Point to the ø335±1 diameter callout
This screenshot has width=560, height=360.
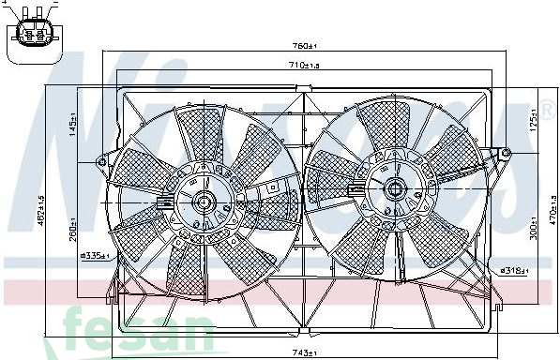tap(96, 256)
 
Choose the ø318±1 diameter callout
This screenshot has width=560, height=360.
tap(514, 270)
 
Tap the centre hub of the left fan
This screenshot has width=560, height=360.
tap(202, 201)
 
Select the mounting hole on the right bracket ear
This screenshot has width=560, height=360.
tap(506, 152)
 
